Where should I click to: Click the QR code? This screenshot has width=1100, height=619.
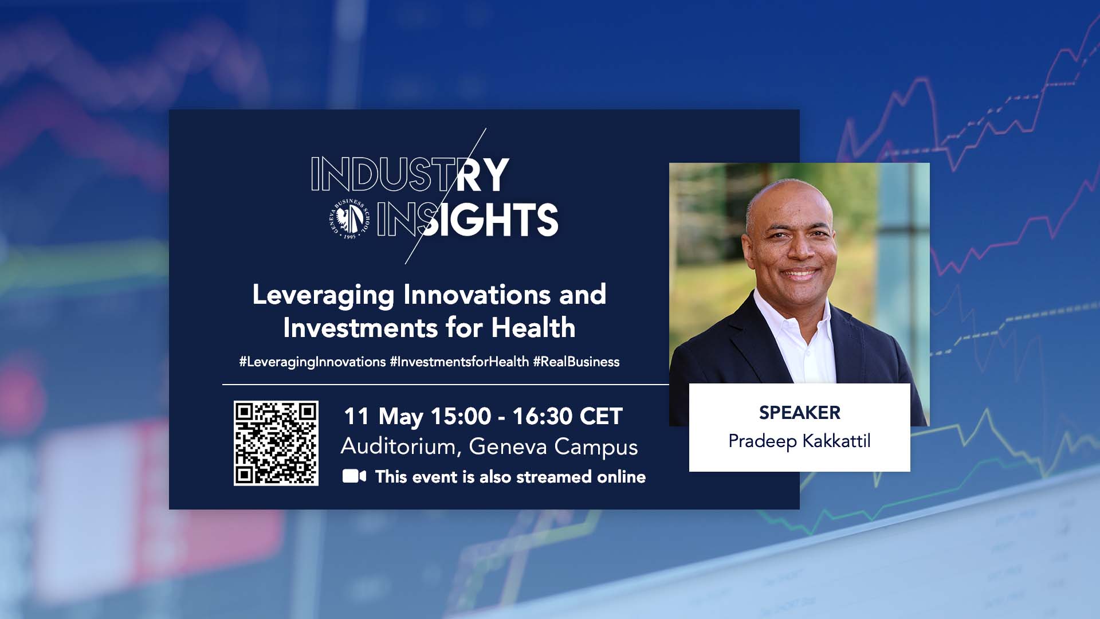click(276, 443)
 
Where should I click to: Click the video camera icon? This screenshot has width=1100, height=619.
click(354, 476)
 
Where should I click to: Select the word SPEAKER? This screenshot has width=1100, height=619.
click(800, 413)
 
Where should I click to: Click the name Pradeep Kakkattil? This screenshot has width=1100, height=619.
click(799, 441)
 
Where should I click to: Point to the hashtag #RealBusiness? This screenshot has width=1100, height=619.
click(576, 362)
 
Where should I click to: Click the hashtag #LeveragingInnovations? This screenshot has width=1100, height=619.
click(312, 362)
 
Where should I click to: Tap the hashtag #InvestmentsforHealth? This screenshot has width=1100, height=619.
click(459, 362)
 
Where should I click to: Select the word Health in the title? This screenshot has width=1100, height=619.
click(533, 328)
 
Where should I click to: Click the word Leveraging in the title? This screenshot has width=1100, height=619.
click(324, 296)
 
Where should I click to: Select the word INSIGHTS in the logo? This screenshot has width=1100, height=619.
click(467, 220)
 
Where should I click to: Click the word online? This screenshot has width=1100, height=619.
click(622, 477)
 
